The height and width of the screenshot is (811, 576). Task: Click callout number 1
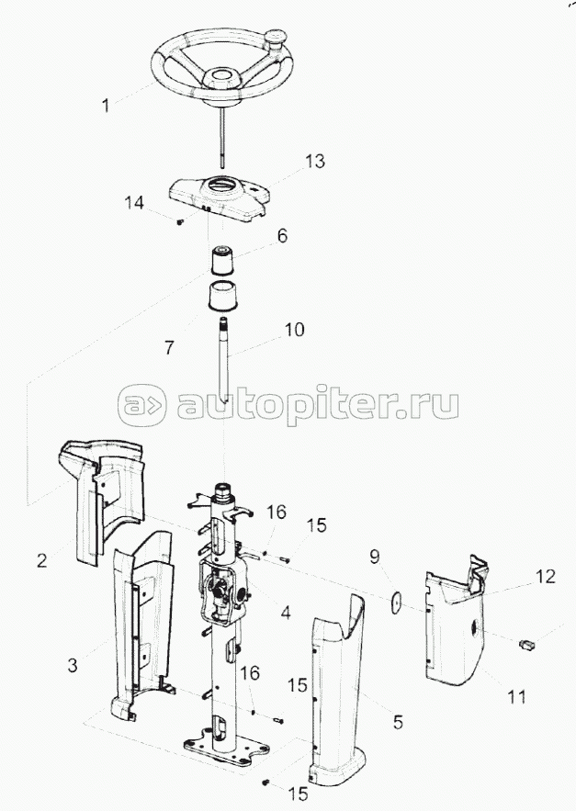tap(106, 106)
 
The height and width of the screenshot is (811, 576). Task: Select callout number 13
tap(315, 161)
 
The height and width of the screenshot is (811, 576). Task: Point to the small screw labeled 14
tap(180, 222)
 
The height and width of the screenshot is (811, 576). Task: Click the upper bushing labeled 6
tap(222, 261)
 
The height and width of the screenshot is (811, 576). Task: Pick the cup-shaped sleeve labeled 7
tap(223, 296)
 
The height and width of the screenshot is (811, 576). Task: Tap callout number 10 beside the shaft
tap(294, 330)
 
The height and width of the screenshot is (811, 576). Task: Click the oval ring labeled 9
tap(397, 602)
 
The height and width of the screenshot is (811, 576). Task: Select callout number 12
tap(545, 576)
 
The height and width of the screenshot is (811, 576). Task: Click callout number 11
tap(517, 696)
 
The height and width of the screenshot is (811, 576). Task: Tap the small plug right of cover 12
tap(526, 645)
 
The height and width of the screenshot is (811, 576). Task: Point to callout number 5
tap(398, 722)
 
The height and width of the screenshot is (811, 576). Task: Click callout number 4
tap(285, 613)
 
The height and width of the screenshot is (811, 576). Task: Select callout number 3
tap(73, 665)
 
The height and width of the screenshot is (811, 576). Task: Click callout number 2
tap(42, 560)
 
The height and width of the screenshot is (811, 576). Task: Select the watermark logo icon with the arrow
tap(142, 404)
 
